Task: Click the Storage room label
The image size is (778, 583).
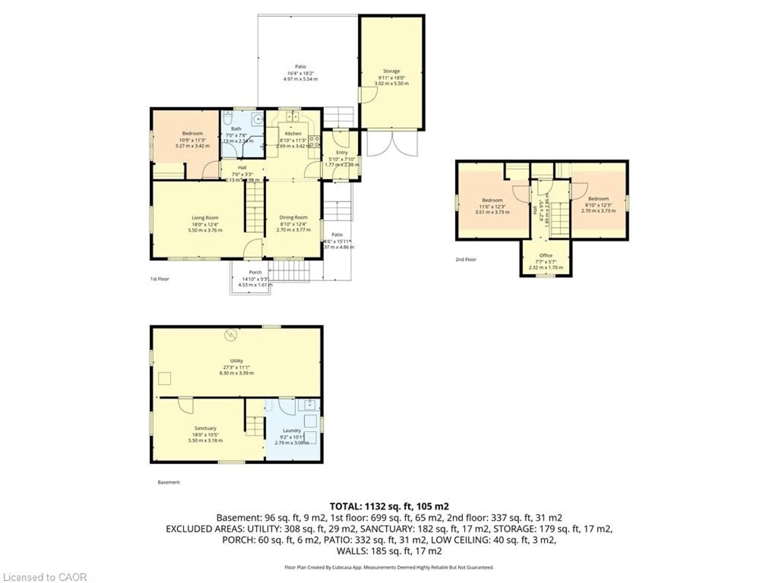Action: (x=391, y=71)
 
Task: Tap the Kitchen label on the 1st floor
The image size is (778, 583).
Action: (x=293, y=134)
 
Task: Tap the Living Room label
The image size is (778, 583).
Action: (x=205, y=218)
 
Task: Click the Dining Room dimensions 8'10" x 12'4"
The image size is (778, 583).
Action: (x=293, y=224)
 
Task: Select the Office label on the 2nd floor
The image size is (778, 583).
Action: (x=546, y=255)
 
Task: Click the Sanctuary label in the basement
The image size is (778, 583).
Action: (x=205, y=428)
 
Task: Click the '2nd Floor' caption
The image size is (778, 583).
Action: (x=466, y=259)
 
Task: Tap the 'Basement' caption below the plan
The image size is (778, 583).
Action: (x=169, y=482)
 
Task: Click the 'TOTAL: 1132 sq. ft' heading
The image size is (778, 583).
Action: (x=389, y=506)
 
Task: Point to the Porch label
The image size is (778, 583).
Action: (x=255, y=272)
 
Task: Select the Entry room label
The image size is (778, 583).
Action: (x=342, y=152)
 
